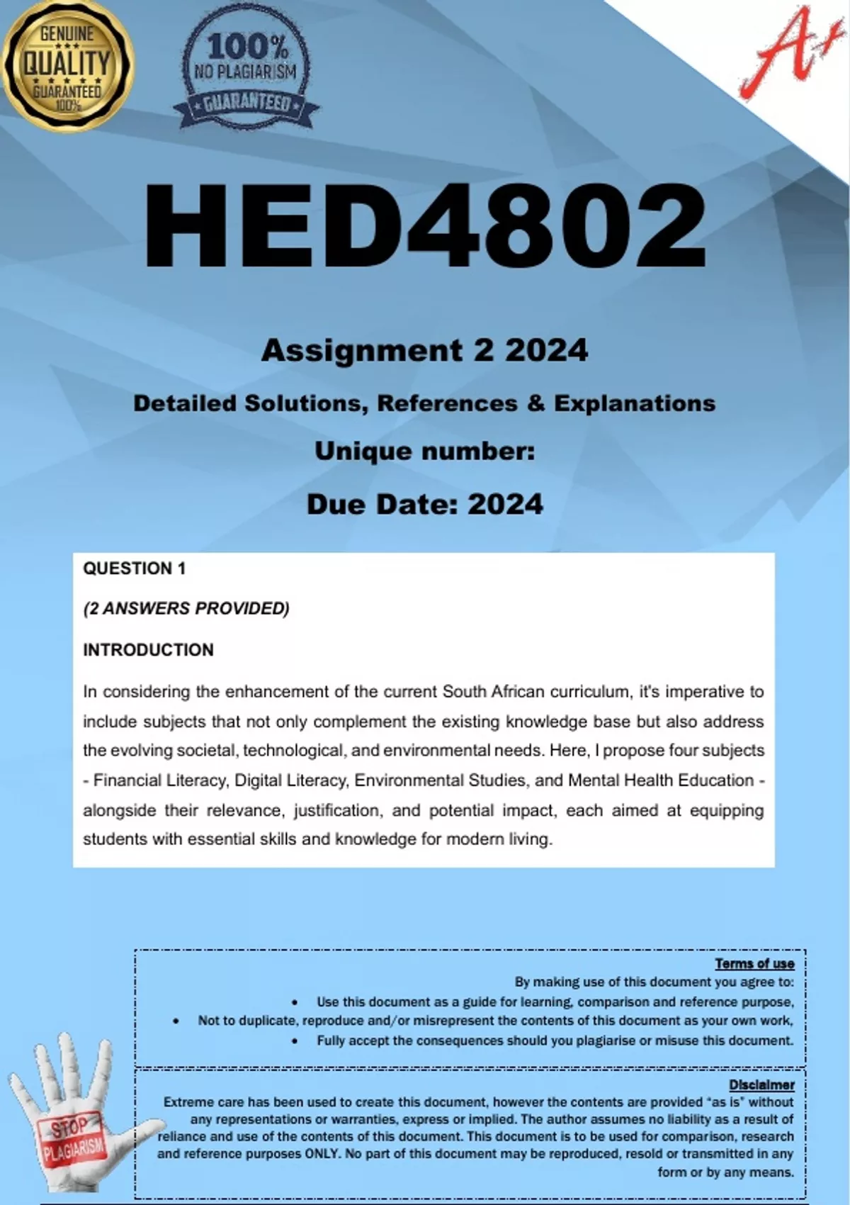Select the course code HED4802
point(425,225)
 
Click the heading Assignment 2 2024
point(425,350)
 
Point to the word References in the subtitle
point(447,403)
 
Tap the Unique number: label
point(425,451)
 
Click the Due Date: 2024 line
point(425,504)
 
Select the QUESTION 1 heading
point(134,568)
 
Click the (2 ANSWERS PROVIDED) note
point(186,609)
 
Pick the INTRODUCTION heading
point(148,650)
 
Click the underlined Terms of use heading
point(754,963)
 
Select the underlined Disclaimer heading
point(761,1084)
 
